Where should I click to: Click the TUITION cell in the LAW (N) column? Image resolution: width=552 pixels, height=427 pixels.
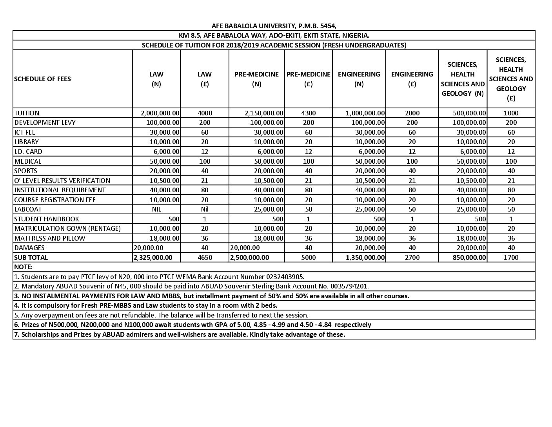(x=160, y=113)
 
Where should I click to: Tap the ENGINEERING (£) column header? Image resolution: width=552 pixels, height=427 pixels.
(x=412, y=79)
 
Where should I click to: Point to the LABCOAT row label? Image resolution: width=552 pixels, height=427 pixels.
(x=28, y=209)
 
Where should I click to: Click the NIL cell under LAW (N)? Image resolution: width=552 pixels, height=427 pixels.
(x=156, y=209)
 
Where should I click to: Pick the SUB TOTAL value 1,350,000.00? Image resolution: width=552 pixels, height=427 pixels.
(x=365, y=257)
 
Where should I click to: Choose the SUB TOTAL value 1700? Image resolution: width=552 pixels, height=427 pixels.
(x=511, y=257)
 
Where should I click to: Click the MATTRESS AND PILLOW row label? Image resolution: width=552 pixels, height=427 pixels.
(x=50, y=238)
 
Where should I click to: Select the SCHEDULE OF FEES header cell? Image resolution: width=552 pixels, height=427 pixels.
(x=42, y=79)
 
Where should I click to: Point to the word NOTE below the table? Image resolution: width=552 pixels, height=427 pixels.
(x=23, y=267)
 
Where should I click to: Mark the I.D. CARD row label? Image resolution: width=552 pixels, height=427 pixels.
(x=28, y=151)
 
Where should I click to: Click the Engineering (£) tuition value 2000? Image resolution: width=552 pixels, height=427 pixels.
(x=412, y=113)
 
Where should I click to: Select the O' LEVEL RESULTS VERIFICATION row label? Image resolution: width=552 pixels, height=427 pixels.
(x=62, y=181)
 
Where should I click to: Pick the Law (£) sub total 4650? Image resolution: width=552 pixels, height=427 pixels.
(x=205, y=257)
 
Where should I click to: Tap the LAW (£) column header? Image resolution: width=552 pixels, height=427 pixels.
(x=205, y=79)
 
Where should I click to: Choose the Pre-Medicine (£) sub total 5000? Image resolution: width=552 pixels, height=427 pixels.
(x=308, y=257)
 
